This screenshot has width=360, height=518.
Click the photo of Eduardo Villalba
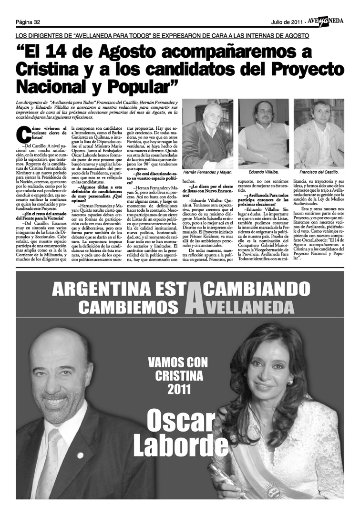coord(264,134)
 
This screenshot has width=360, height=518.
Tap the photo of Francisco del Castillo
coord(319,134)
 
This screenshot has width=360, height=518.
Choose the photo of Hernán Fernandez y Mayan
coord(207,134)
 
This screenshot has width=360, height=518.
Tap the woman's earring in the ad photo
coord(289,382)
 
